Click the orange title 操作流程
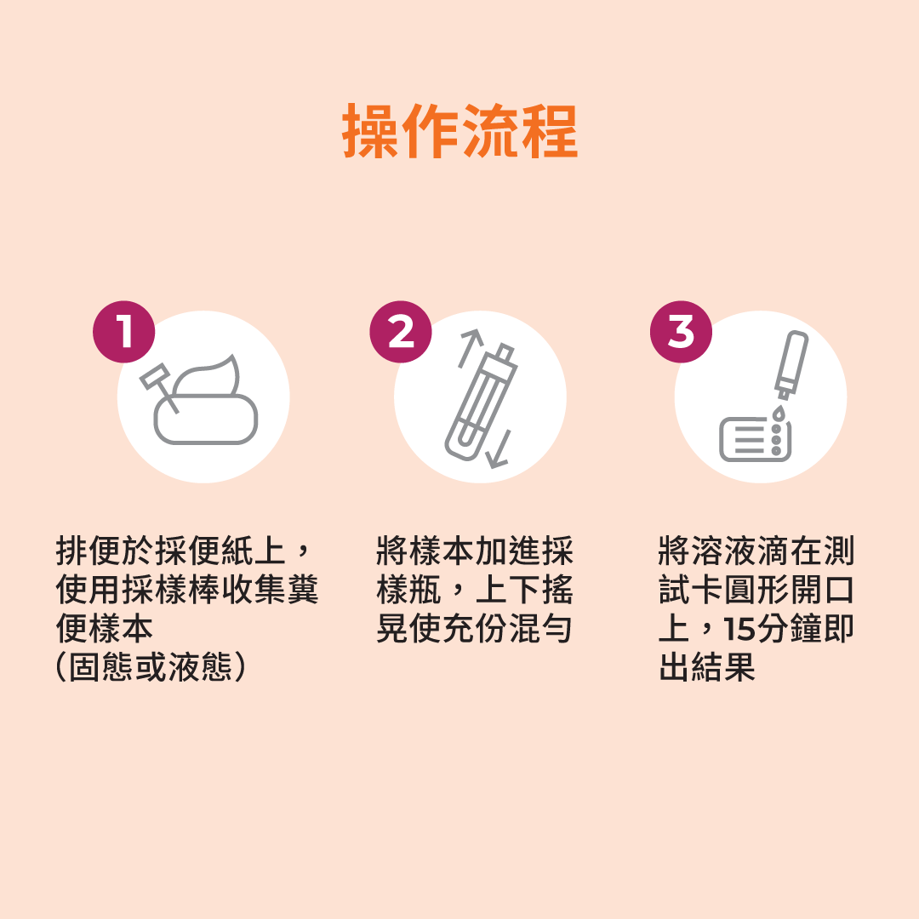[x=460, y=131]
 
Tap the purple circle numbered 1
[x=123, y=332]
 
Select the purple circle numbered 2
[x=401, y=332]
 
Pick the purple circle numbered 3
[x=681, y=332]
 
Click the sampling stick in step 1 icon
[x=158, y=387]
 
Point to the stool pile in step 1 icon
[x=206, y=404]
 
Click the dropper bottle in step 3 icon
[x=791, y=364]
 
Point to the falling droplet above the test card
[x=779, y=414]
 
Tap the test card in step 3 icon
[x=756, y=439]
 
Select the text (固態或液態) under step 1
[x=151, y=667]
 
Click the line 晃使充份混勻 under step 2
[x=474, y=628]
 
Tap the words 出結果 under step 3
[x=707, y=667]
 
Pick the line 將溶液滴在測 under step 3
[x=756, y=551]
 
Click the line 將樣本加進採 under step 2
[x=475, y=551]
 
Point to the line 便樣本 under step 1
[x=105, y=628]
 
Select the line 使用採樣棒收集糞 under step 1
[x=187, y=589]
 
